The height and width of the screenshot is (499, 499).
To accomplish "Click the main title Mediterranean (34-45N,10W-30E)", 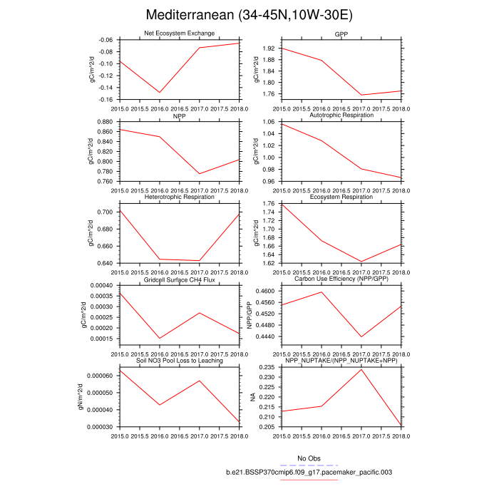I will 249,15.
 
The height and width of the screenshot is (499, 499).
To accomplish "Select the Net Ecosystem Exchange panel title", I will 179,34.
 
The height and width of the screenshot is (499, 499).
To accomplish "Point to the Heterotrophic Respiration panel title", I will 179,197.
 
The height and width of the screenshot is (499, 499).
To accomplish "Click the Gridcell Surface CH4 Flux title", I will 179,279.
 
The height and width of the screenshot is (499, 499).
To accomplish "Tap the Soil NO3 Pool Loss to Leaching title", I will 179,361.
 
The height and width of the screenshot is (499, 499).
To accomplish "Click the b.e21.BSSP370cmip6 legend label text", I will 309,472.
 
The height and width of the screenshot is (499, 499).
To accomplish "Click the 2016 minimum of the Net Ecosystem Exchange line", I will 159,92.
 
